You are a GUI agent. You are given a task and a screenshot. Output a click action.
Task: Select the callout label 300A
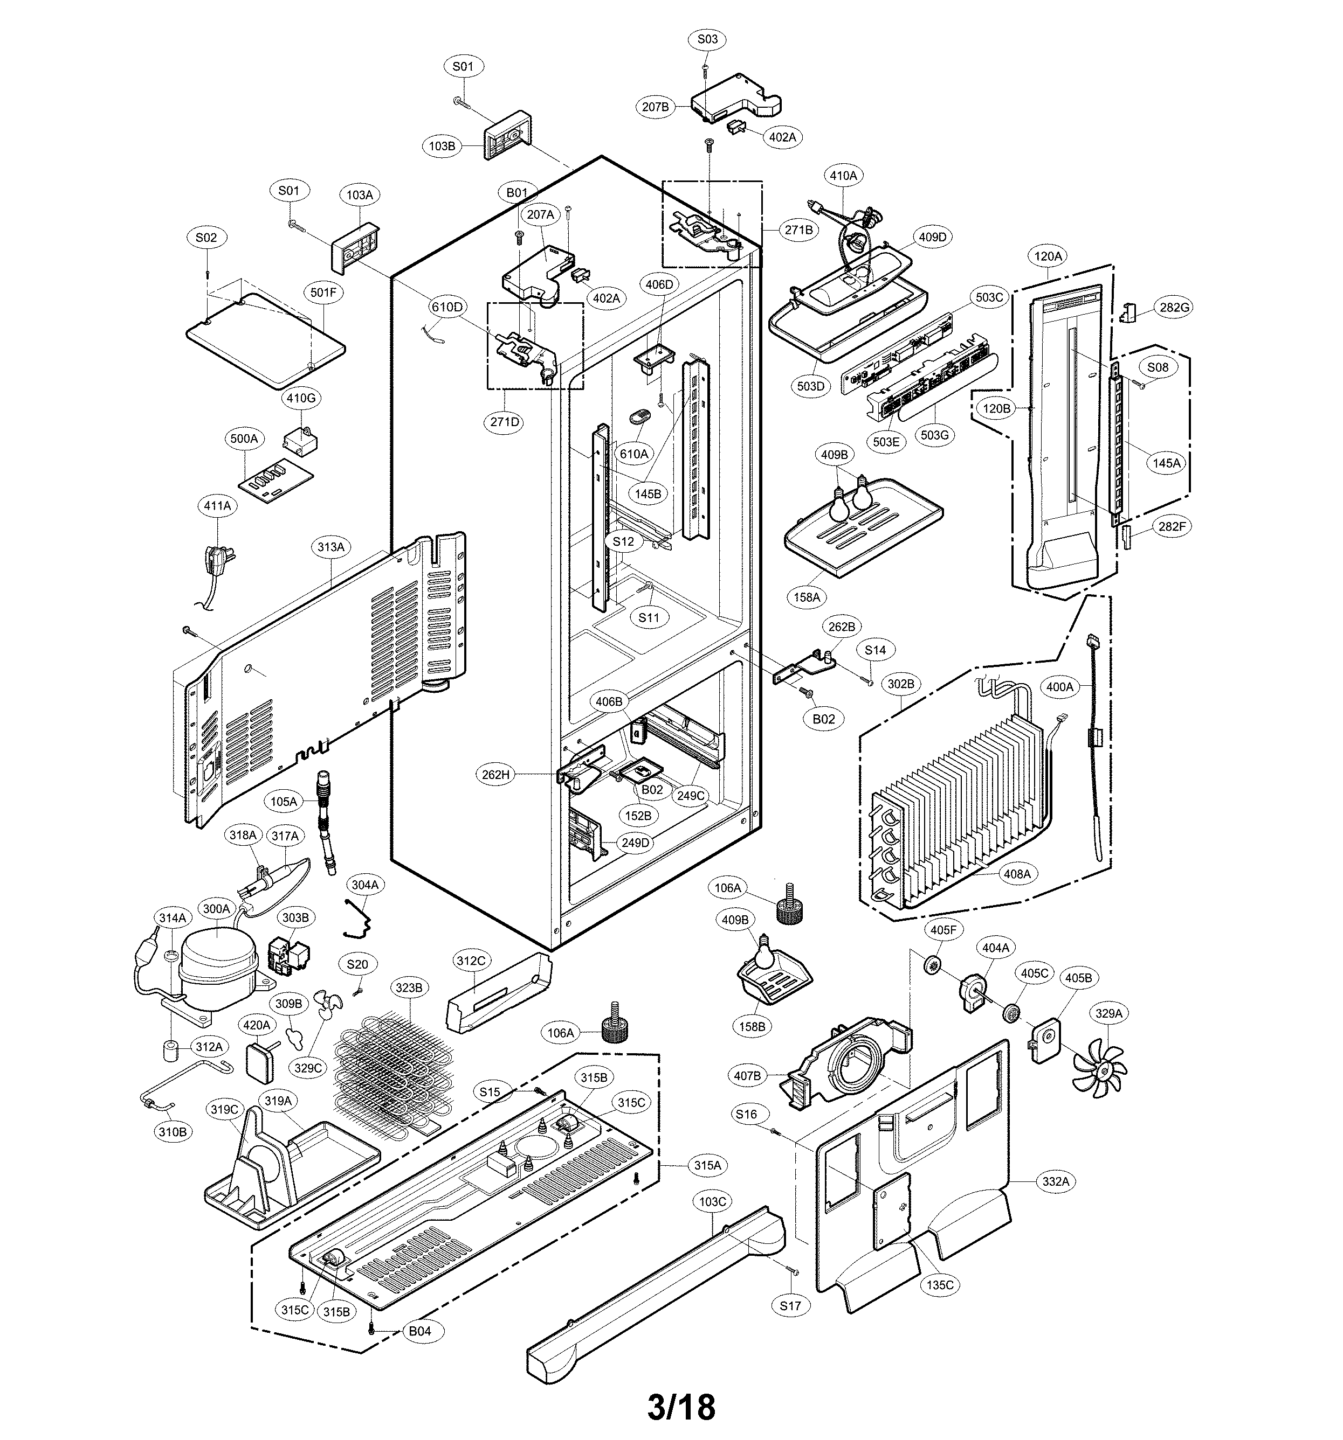[x=216, y=908]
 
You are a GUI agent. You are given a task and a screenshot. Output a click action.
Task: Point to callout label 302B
[x=901, y=683]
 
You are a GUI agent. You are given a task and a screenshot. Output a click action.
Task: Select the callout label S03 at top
[x=707, y=39]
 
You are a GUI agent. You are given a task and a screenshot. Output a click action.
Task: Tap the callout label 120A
[x=1048, y=256]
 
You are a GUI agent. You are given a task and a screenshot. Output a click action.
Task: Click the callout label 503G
[x=934, y=435]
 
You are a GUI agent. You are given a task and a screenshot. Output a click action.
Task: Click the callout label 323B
[x=408, y=987]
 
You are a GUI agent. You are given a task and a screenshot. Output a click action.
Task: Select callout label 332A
[x=1055, y=1181]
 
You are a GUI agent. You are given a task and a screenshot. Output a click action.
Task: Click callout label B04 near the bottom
[x=419, y=1331]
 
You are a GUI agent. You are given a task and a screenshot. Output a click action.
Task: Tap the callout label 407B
[x=747, y=1076]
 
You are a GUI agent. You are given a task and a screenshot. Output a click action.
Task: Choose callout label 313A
[x=330, y=547]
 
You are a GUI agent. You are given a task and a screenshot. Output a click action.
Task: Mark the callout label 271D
[x=505, y=422]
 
